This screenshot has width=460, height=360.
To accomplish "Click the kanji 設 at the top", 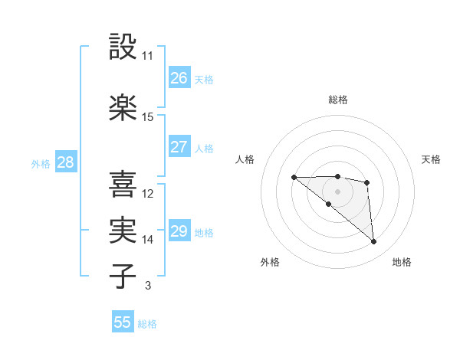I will click(x=123, y=47).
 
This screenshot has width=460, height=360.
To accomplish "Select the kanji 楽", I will click(x=123, y=107).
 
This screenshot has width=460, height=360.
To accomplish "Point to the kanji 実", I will click(x=123, y=230).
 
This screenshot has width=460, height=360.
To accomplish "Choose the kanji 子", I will click(x=123, y=276).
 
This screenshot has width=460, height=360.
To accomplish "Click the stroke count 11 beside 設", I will click(x=147, y=56).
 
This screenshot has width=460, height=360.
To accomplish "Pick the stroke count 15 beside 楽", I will click(x=148, y=117).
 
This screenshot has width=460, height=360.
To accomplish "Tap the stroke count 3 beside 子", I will click(x=147, y=286).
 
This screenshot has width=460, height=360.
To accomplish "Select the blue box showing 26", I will click(x=179, y=77).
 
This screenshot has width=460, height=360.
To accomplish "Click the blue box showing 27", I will click(x=179, y=147).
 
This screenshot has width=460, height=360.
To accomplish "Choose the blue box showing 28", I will click(x=65, y=162).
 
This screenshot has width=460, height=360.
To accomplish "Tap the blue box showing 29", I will click(x=179, y=231).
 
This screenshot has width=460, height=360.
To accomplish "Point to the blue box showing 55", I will click(x=123, y=322).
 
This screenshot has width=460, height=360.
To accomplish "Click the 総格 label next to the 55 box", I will click(x=148, y=324).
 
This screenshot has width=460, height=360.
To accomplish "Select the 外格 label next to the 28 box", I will click(x=41, y=163).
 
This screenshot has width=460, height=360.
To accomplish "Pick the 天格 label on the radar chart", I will click(x=432, y=159).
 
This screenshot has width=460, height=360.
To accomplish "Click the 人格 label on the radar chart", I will click(x=245, y=159).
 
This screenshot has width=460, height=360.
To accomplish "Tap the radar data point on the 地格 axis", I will click(x=374, y=242).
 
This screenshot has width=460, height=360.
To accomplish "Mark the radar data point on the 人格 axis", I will click(x=294, y=178).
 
